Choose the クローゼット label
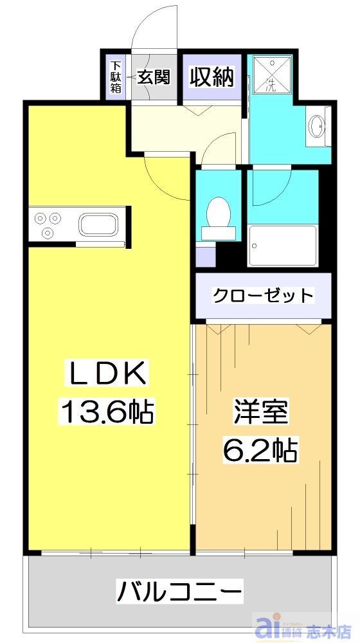(x=263, y=296)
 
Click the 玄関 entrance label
(x=155, y=78)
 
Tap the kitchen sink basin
(x=97, y=226)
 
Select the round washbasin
(x=317, y=126)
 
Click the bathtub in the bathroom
(x=283, y=245)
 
